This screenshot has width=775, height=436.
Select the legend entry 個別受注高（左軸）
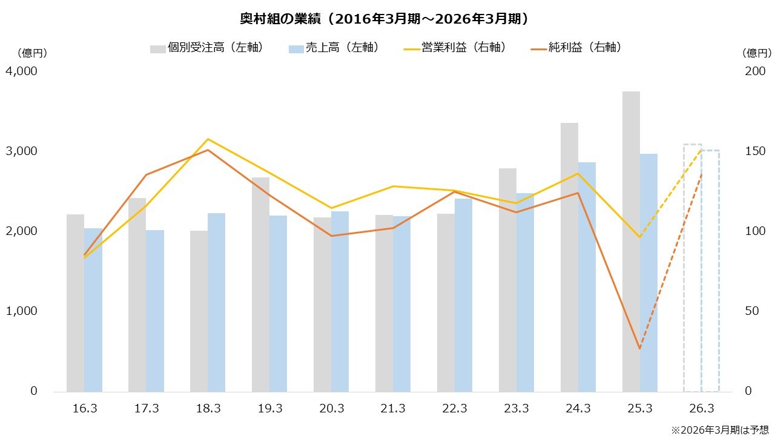(x=206, y=48)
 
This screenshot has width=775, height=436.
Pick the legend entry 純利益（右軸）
(x=575, y=48)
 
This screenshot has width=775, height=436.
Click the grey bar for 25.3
(x=631, y=242)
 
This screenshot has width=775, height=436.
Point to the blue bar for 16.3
(x=93, y=309)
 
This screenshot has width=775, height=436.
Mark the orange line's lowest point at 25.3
(x=639, y=349)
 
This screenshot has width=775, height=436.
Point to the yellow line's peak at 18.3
(x=208, y=139)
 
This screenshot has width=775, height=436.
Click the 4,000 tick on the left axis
(x=22, y=71)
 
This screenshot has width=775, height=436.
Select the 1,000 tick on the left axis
(x=22, y=311)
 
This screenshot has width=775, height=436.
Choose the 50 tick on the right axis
(x=751, y=311)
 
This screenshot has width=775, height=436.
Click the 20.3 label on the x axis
(x=331, y=409)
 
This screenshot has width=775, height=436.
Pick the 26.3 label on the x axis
(x=702, y=409)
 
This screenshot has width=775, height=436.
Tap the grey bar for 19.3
(x=260, y=285)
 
